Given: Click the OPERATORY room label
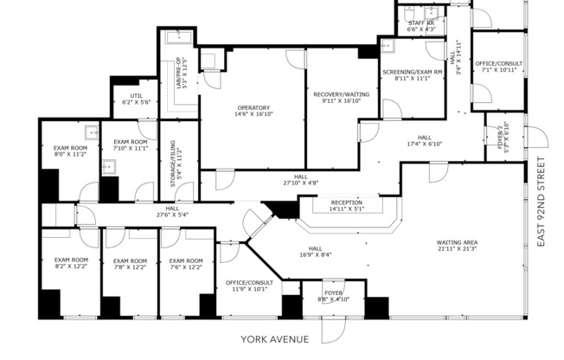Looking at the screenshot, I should coord(253,107).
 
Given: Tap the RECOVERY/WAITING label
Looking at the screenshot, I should coord(342,93).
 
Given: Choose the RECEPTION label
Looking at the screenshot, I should coord(346,202).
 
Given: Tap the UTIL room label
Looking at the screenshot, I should coord(136,95).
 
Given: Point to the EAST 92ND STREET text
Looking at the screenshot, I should coord(542,203).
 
